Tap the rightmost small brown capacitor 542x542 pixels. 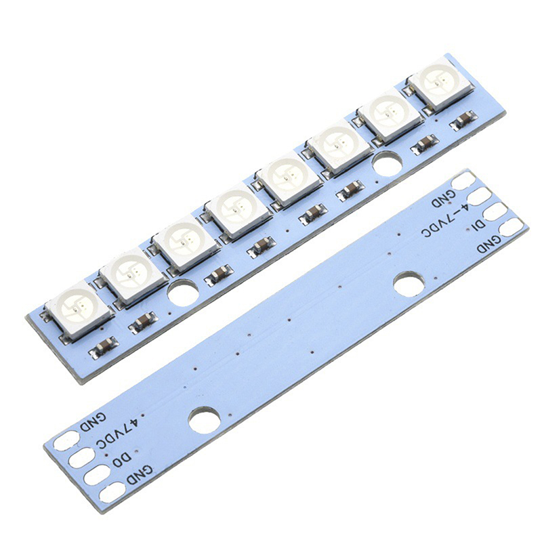(463, 121)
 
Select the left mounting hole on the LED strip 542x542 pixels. (184, 295)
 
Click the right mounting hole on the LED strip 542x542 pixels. (388, 163)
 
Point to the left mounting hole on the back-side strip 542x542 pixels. (205, 419)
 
